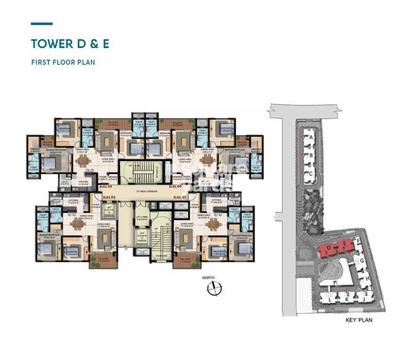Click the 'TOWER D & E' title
pyautogui.click(x=70, y=44)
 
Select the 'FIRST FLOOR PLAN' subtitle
pyautogui.click(x=63, y=62)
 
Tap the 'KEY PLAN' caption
pyautogui.click(x=358, y=320)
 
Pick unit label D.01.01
pyautogui.click(x=181, y=196)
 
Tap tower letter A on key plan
pyautogui.click(x=311, y=138)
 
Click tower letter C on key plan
pyautogui.click(x=311, y=173)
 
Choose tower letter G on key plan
pyautogui.click(x=363, y=260)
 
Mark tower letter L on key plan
pyautogui.click(x=331, y=299)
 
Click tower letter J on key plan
pyautogui.click(x=362, y=299)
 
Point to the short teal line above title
pyautogui.click(x=42, y=24)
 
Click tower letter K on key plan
pyautogui.click(x=346, y=299)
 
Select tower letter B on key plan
pyautogui.click(x=311, y=155)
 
